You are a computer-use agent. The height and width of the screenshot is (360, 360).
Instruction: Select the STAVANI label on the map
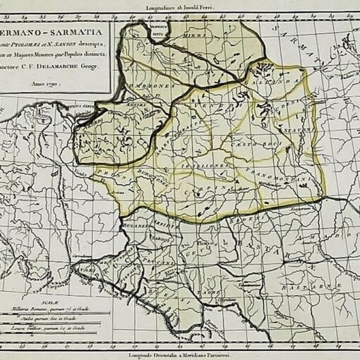click(291, 130)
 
